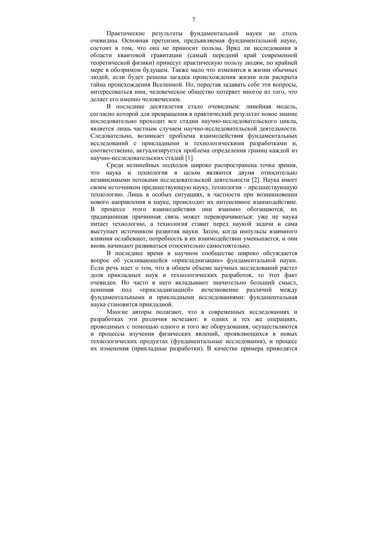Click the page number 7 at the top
tap(194, 20)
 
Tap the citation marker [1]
tap(190, 158)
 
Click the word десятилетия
tap(160, 107)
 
